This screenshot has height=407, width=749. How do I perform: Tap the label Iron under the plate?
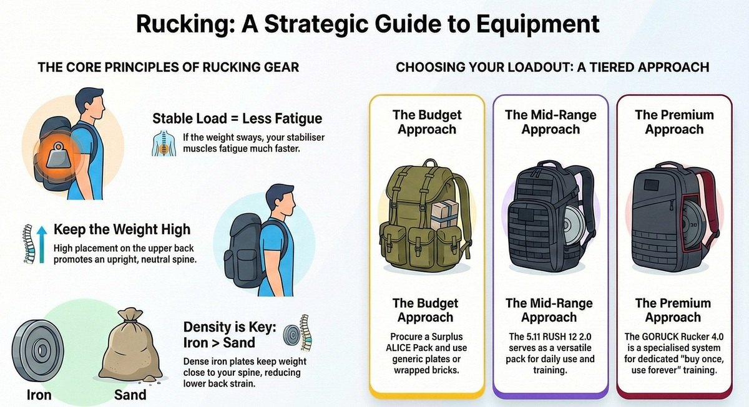[x=39, y=395]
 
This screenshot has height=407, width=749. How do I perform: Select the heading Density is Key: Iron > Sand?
[x=228, y=334]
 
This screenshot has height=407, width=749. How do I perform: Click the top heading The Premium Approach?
[x=673, y=122]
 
